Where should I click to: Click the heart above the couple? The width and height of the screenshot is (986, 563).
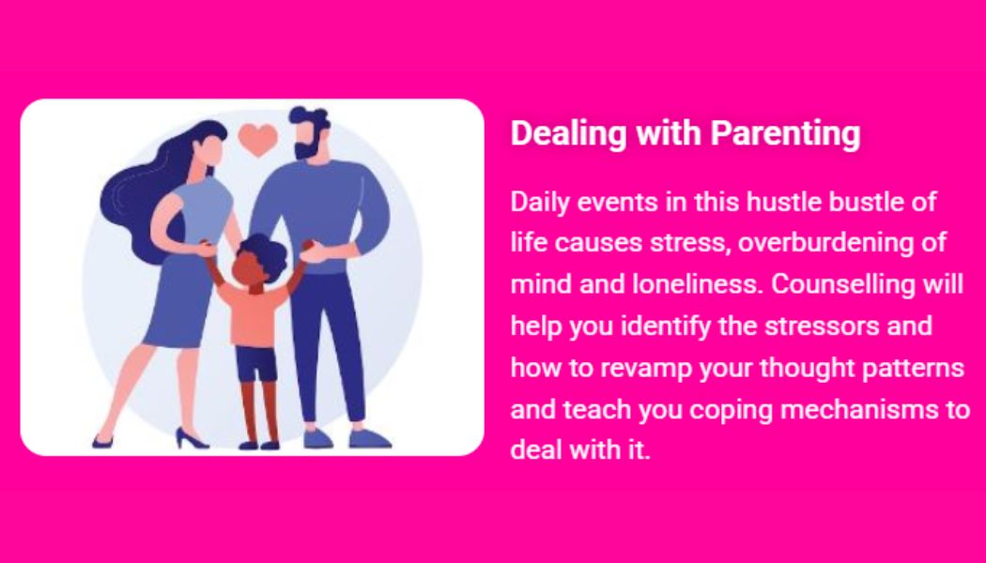258,139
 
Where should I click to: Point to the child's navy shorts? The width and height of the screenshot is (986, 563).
256,363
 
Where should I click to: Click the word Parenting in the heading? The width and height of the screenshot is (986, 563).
785,134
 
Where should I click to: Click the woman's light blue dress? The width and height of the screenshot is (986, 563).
189,264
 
